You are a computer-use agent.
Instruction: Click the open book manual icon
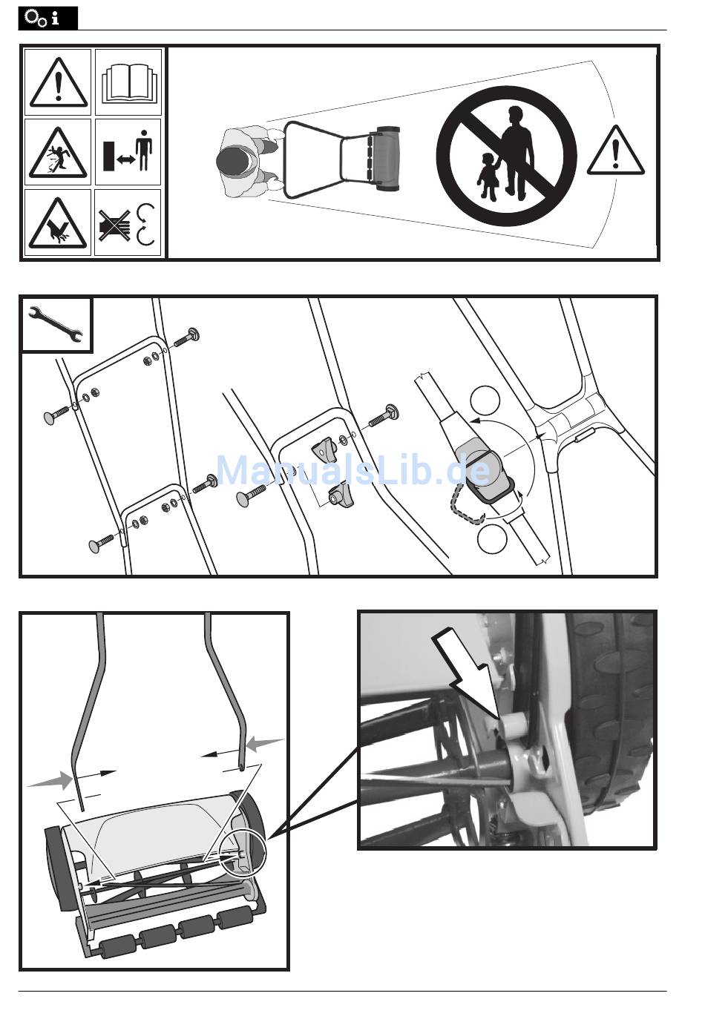(x=128, y=82)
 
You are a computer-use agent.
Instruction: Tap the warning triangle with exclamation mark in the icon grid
(x=59, y=82)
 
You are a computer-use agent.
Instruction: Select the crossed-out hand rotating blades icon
(x=127, y=224)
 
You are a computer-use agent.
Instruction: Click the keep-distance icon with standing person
(x=128, y=151)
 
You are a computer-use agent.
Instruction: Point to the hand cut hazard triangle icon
(x=58, y=223)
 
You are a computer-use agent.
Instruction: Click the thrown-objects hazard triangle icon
(x=58, y=153)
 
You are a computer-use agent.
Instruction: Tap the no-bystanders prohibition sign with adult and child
(x=506, y=156)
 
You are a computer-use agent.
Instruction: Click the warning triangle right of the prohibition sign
(x=615, y=151)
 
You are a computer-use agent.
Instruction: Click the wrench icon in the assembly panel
(x=56, y=324)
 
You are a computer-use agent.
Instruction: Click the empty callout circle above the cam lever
(x=485, y=400)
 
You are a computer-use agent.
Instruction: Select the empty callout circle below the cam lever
(x=492, y=539)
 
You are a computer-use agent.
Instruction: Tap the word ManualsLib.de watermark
(x=353, y=470)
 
